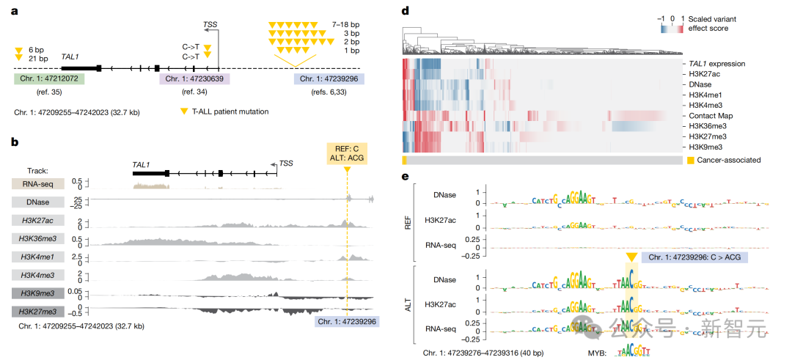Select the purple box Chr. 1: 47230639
pos(194,78)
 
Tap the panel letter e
pos(406,176)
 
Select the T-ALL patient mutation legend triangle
pos(183,111)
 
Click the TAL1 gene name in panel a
pos(71,55)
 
